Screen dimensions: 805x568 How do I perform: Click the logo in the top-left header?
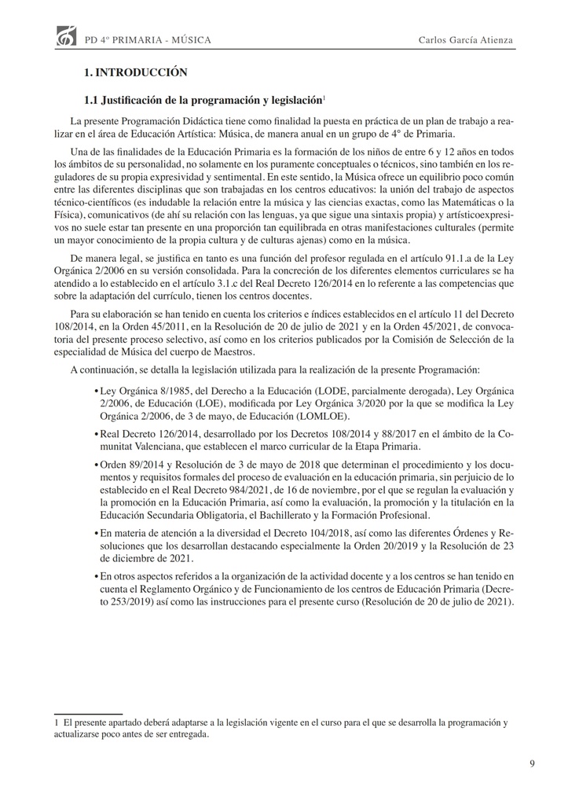[67, 36]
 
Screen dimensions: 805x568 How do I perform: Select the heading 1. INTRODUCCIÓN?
[135, 72]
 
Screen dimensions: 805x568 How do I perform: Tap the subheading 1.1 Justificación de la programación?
[203, 101]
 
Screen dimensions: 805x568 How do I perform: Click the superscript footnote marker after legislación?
[324, 97]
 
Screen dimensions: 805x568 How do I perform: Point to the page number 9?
[533, 763]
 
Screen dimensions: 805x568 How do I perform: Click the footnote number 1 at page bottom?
[57, 721]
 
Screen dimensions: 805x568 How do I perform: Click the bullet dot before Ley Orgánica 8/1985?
[95, 391]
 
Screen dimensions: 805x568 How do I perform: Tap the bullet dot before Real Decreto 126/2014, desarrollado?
[95, 433]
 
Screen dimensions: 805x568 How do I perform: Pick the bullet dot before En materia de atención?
[95, 533]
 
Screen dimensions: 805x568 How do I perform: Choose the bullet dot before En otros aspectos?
[95, 576]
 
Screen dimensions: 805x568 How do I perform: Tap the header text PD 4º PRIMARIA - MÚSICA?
[148, 39]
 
